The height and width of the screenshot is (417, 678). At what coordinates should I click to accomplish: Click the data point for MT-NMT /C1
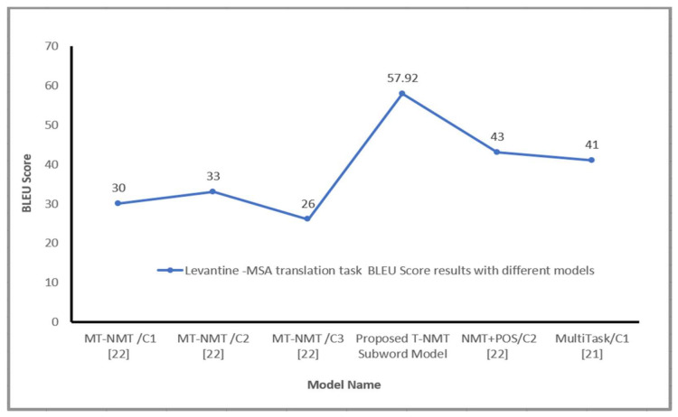coord(118,203)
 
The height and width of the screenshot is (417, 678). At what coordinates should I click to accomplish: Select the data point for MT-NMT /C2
coord(212,191)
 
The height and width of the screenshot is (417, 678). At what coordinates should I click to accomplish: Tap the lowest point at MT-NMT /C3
coord(307,218)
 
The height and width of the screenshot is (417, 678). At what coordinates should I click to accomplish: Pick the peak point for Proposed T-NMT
coord(402,93)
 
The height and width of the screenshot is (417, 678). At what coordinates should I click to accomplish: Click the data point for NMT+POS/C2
coord(496,152)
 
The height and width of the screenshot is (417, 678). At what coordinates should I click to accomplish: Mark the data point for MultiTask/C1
coord(591,160)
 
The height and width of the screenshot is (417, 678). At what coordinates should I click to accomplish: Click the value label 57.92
coord(402,78)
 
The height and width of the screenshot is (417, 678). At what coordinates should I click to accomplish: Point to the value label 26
coord(307,203)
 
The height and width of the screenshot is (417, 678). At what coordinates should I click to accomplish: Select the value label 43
coord(496,136)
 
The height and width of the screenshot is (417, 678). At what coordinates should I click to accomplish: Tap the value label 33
coord(212,176)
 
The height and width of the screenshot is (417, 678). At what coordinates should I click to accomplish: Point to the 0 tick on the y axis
coord(55,321)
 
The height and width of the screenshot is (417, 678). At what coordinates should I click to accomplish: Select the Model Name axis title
coord(344,385)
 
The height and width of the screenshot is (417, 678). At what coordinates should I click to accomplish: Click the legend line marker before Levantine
coord(170,270)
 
